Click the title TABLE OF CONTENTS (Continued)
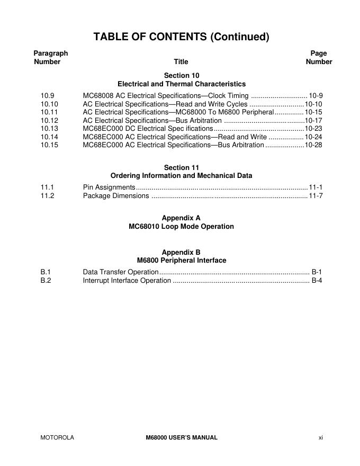click(181, 37)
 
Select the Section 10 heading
click(181, 75)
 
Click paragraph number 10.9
click(47, 95)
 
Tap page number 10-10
click(313, 104)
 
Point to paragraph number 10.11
click(49, 112)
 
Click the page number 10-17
click(313, 120)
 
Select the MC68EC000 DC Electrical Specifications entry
click(148, 129)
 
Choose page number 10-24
click(313, 137)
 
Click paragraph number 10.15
click(49, 145)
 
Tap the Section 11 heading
click(181, 167)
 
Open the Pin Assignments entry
click(109, 187)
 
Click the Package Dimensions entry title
click(116, 196)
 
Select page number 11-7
click(316, 196)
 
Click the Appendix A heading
click(181, 218)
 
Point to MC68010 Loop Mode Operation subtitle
click(181, 226)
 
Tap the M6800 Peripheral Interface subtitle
click(181, 260)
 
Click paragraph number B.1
click(46, 272)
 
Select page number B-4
click(317, 281)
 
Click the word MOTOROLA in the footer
click(57, 437)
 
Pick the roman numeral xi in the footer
click(320, 437)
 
